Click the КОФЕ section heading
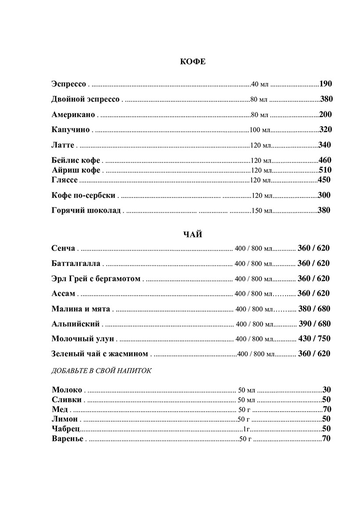193,61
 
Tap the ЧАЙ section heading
193,235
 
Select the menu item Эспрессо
68,84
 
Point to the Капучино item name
71,129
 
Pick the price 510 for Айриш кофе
325,170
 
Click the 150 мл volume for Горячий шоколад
262,211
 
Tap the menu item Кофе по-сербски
83,195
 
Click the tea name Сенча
63,248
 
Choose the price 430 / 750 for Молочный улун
314,339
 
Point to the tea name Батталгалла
76,263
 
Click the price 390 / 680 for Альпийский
314,324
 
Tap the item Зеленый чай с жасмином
100,354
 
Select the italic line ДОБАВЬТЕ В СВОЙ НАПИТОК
101,371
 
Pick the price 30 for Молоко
326,389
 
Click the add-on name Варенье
67,438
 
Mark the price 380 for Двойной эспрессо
326,99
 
